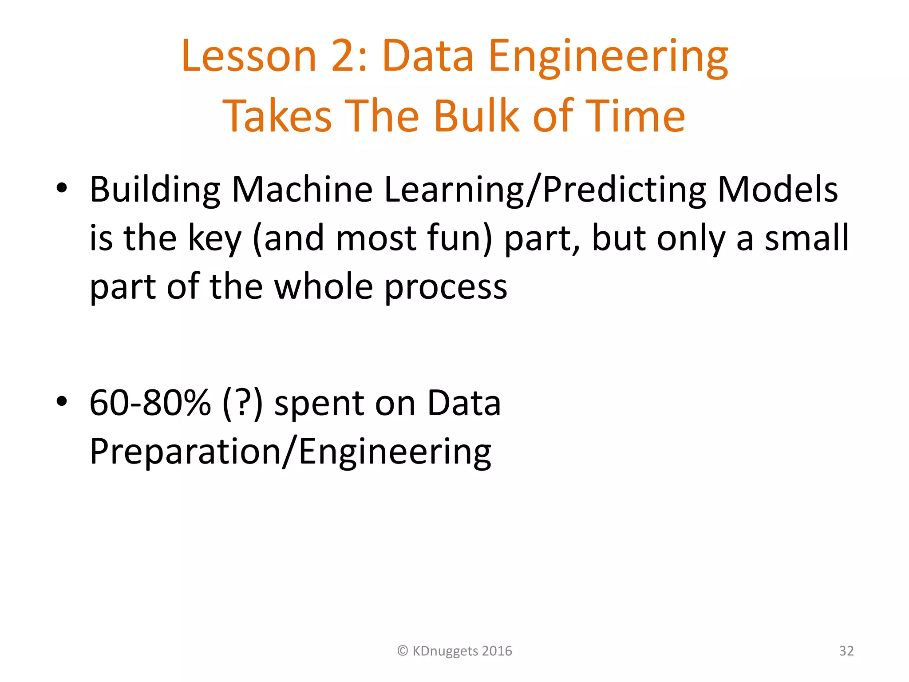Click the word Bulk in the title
click(x=476, y=116)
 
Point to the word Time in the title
click(x=635, y=116)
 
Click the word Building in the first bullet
click(x=155, y=190)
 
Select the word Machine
click(x=302, y=190)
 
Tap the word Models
click(x=777, y=190)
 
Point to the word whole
click(x=324, y=287)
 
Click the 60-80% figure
click(x=150, y=403)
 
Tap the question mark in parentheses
click(x=242, y=403)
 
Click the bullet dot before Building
click(x=62, y=188)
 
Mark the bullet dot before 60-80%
click(x=62, y=401)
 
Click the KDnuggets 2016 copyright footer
click(x=454, y=651)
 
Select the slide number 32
click(x=846, y=651)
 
